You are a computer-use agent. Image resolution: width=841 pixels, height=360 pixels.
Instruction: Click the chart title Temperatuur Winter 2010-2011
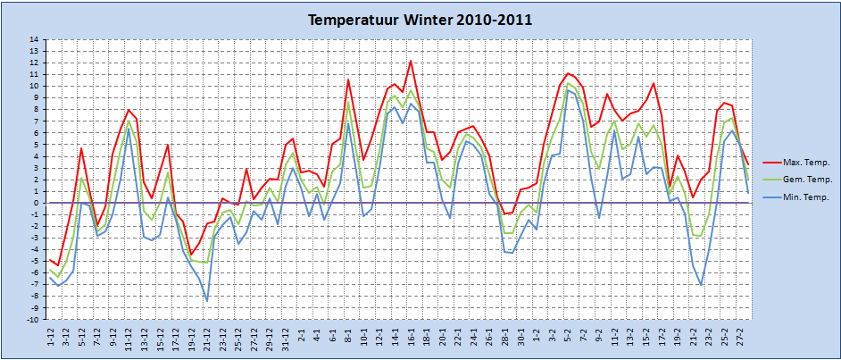[x=420, y=21]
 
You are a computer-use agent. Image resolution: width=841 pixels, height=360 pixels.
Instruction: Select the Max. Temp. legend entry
[x=796, y=162]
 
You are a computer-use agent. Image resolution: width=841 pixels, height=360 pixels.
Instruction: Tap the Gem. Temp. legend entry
[x=796, y=180]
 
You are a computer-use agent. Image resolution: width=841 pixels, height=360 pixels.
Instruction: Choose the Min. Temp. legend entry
[x=796, y=197]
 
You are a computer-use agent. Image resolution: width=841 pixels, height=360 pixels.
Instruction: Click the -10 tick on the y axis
[x=33, y=321]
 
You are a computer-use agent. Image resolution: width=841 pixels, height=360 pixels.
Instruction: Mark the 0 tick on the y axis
[x=36, y=204]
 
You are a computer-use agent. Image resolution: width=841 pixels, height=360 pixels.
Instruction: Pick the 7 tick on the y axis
[x=36, y=121]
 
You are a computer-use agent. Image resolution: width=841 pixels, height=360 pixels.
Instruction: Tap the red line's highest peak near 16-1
[x=411, y=61]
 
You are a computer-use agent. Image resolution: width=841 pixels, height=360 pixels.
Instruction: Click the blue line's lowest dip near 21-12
[x=207, y=301]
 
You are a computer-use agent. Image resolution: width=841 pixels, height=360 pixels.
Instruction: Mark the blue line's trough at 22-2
[x=701, y=285]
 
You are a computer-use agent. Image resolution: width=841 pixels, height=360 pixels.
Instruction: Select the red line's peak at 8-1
[x=348, y=80]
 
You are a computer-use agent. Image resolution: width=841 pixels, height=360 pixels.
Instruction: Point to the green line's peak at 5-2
[x=568, y=84]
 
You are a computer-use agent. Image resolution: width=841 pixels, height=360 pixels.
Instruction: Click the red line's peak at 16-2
[x=654, y=83]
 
